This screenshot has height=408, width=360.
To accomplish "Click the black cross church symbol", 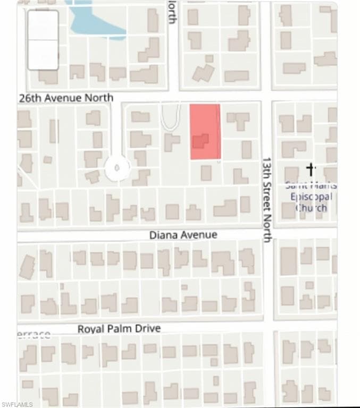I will pyautogui.click(x=312, y=169).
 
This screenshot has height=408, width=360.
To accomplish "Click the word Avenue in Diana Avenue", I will pyautogui.click(x=198, y=234).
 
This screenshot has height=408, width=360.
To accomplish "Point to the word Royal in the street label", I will pyautogui.click(x=90, y=329).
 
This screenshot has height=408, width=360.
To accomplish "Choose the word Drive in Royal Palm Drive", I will pyautogui.click(x=147, y=329).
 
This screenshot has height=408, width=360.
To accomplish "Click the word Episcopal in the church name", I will pyautogui.click(x=311, y=197).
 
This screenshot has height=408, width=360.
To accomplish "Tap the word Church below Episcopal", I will pyautogui.click(x=311, y=208).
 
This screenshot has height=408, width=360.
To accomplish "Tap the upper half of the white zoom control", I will pyautogui.click(x=43, y=25).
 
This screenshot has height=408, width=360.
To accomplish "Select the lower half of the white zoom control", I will pyautogui.click(x=43, y=55).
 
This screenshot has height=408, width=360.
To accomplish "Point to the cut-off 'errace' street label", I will pyautogui.click(x=35, y=334).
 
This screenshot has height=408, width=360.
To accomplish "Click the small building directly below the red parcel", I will pyautogui.click(x=206, y=173).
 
